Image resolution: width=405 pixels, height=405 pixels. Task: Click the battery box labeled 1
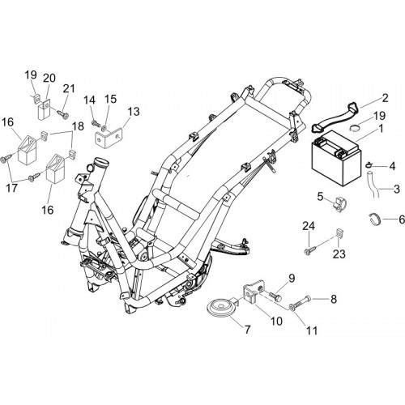click(x=336, y=157)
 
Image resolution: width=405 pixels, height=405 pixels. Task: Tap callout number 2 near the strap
click(x=385, y=98)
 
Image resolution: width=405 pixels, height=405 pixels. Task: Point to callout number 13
click(x=134, y=111)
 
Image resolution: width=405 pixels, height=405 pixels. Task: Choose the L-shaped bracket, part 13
click(x=109, y=138)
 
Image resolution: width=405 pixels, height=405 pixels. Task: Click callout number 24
click(x=309, y=226)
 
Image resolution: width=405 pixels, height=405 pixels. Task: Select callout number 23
click(x=339, y=254)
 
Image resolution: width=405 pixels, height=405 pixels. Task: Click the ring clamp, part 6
click(x=375, y=219)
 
